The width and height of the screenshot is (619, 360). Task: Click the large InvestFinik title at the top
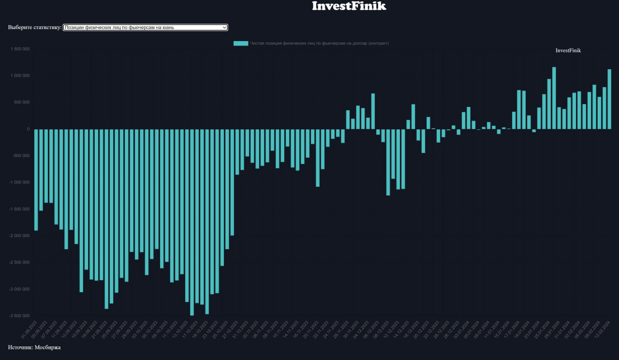pyautogui.click(x=349, y=6)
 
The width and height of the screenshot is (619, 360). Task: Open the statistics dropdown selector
pyautogui.click(x=145, y=28)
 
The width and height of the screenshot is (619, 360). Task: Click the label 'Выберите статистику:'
pyautogui.click(x=35, y=28)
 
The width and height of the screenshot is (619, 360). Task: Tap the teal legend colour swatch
pyautogui.click(x=240, y=43)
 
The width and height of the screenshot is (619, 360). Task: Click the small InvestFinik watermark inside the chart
pyautogui.click(x=568, y=50)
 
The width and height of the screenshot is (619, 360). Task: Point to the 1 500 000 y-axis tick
pyautogui.click(x=19, y=49)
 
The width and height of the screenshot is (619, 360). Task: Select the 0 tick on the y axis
pyautogui.click(x=29, y=129)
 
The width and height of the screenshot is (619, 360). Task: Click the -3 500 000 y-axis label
pyautogui.click(x=18, y=316)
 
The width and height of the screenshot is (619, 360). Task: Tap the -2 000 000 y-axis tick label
pyautogui.click(x=18, y=236)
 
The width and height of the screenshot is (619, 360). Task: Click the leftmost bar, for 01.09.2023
pyautogui.click(x=36, y=179)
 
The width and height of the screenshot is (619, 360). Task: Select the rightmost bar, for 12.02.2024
pyautogui.click(x=609, y=99)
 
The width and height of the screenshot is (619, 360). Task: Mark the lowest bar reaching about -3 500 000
pyautogui.click(x=192, y=223)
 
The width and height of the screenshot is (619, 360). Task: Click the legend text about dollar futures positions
pyautogui.click(x=319, y=43)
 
